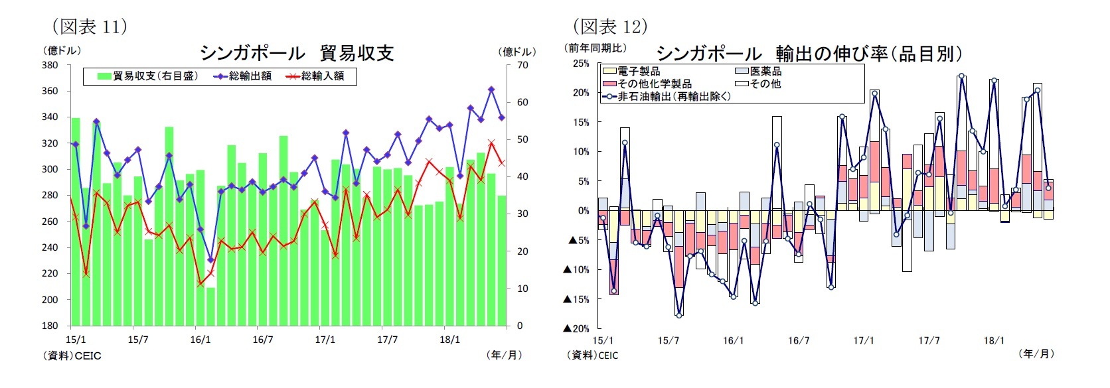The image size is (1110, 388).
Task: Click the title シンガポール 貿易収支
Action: (297, 53)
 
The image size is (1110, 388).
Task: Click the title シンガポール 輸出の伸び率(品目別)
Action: (809, 54)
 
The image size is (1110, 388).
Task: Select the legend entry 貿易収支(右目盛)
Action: (148, 76)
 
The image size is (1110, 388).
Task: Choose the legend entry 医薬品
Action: (759, 71)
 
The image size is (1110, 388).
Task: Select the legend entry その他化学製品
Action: (647, 84)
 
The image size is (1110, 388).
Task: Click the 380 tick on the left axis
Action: (50, 65)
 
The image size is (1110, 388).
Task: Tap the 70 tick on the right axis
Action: (522, 65)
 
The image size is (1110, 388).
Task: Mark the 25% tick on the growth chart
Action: (581, 64)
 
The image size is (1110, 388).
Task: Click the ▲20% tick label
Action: (576, 328)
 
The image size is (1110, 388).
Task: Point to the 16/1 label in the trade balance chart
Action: (200, 340)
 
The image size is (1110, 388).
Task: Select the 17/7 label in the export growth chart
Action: (928, 341)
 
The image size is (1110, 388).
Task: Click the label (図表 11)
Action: (90, 27)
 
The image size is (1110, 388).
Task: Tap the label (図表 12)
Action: (610, 27)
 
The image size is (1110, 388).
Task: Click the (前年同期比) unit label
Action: (595, 48)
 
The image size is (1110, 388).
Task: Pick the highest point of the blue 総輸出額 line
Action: (491, 89)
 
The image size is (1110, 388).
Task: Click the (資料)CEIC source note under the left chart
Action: (72, 356)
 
